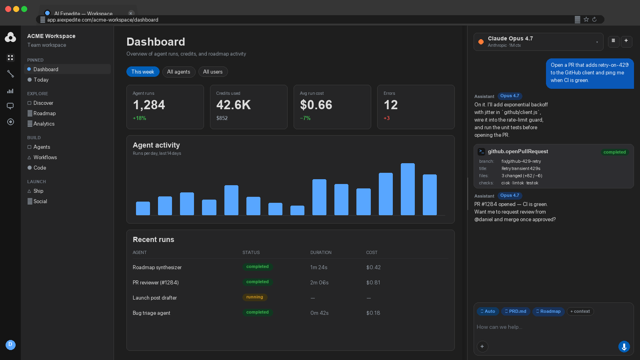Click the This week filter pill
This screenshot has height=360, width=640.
(x=142, y=72)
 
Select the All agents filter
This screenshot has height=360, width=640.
(x=178, y=72)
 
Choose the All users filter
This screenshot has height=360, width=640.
(x=212, y=72)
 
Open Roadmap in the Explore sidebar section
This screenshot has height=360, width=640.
(x=44, y=114)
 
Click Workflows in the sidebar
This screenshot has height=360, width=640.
(x=45, y=158)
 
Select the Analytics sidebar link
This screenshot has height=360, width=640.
(x=44, y=124)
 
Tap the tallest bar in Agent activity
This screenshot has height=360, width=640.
(x=408, y=189)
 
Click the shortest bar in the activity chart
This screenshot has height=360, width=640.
(x=298, y=210)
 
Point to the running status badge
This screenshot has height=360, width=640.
(x=254, y=297)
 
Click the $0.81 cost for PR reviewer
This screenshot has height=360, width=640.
(x=373, y=282)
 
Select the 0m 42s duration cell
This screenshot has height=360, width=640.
(x=320, y=313)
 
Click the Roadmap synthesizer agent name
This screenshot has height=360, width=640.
(x=157, y=268)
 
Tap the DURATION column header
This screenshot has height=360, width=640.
(x=321, y=252)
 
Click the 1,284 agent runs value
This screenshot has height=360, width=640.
(x=149, y=105)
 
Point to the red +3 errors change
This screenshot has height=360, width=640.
(x=386, y=118)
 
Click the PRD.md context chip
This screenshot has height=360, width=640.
(x=516, y=312)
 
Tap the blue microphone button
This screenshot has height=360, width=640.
(x=624, y=346)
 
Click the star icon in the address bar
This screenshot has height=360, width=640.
(x=586, y=20)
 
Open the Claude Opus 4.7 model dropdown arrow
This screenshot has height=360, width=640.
(x=597, y=42)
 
